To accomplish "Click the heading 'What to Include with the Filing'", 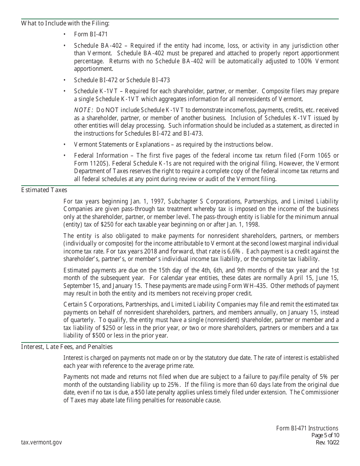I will point(65,23).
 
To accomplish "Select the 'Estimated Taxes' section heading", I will point(44,190).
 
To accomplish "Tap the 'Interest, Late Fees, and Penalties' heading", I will point(67,347).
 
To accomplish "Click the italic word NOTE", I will point(83,110).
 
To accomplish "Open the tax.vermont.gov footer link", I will point(41,442).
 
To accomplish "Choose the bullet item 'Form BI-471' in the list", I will point(91,34).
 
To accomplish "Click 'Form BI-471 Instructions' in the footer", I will point(307,428).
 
